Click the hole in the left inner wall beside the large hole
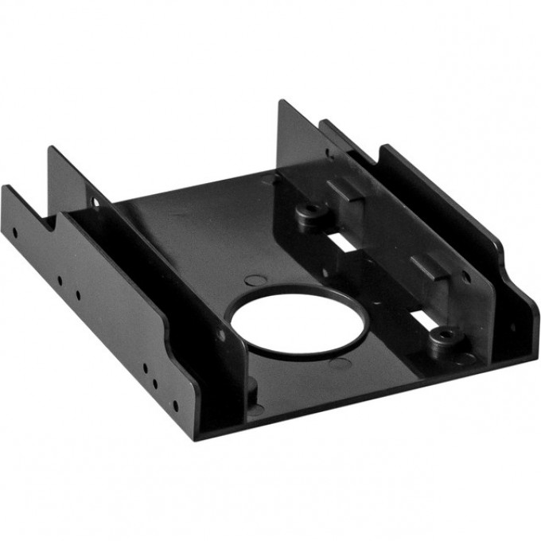click(x=220, y=334)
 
